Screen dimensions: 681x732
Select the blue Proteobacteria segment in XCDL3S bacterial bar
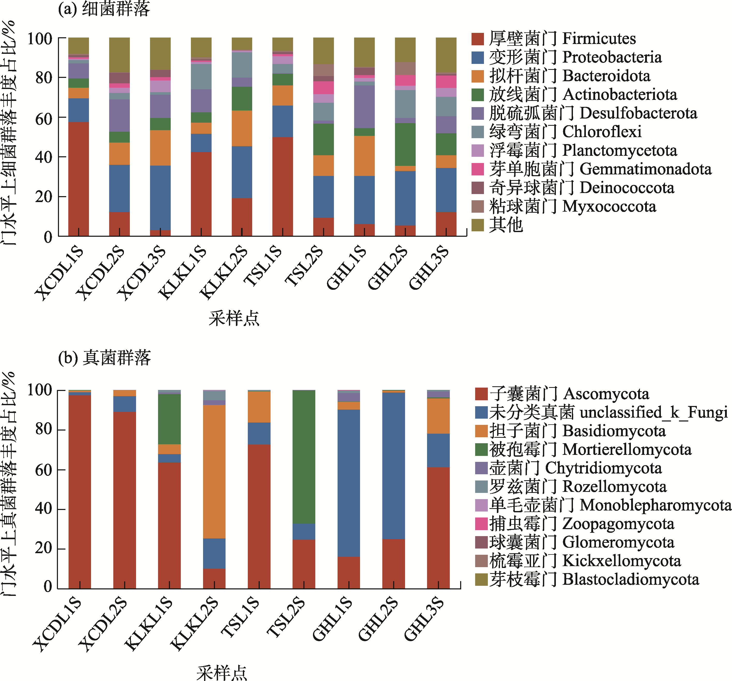pos(160,197)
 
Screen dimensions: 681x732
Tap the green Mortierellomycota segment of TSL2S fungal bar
pos(304,457)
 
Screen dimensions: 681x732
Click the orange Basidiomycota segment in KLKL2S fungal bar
pos(214,471)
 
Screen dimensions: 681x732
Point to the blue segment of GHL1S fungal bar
pos(349,483)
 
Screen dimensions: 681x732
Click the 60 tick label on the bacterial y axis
pos(43,119)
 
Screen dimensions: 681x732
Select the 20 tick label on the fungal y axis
pos(43,548)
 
